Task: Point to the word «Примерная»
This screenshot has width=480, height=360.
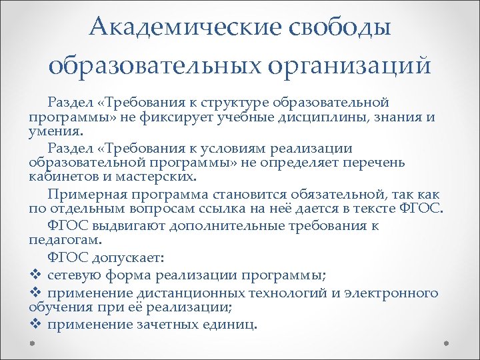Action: [82, 195]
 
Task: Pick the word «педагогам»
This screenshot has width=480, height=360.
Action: [65, 239]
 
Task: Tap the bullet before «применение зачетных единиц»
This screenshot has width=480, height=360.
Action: [35, 324]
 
